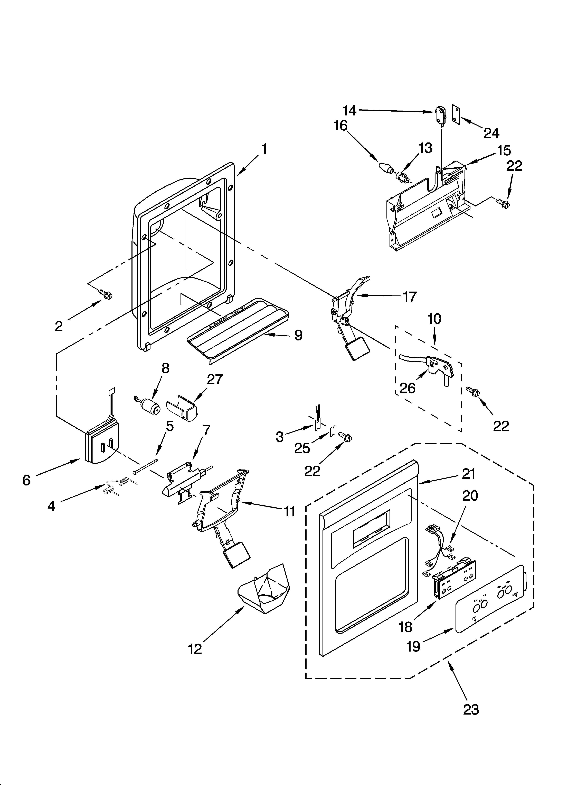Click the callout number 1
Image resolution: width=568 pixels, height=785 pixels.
[264, 149]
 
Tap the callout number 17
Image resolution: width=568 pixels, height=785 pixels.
[410, 297]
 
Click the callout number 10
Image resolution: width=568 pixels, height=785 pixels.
[434, 319]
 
